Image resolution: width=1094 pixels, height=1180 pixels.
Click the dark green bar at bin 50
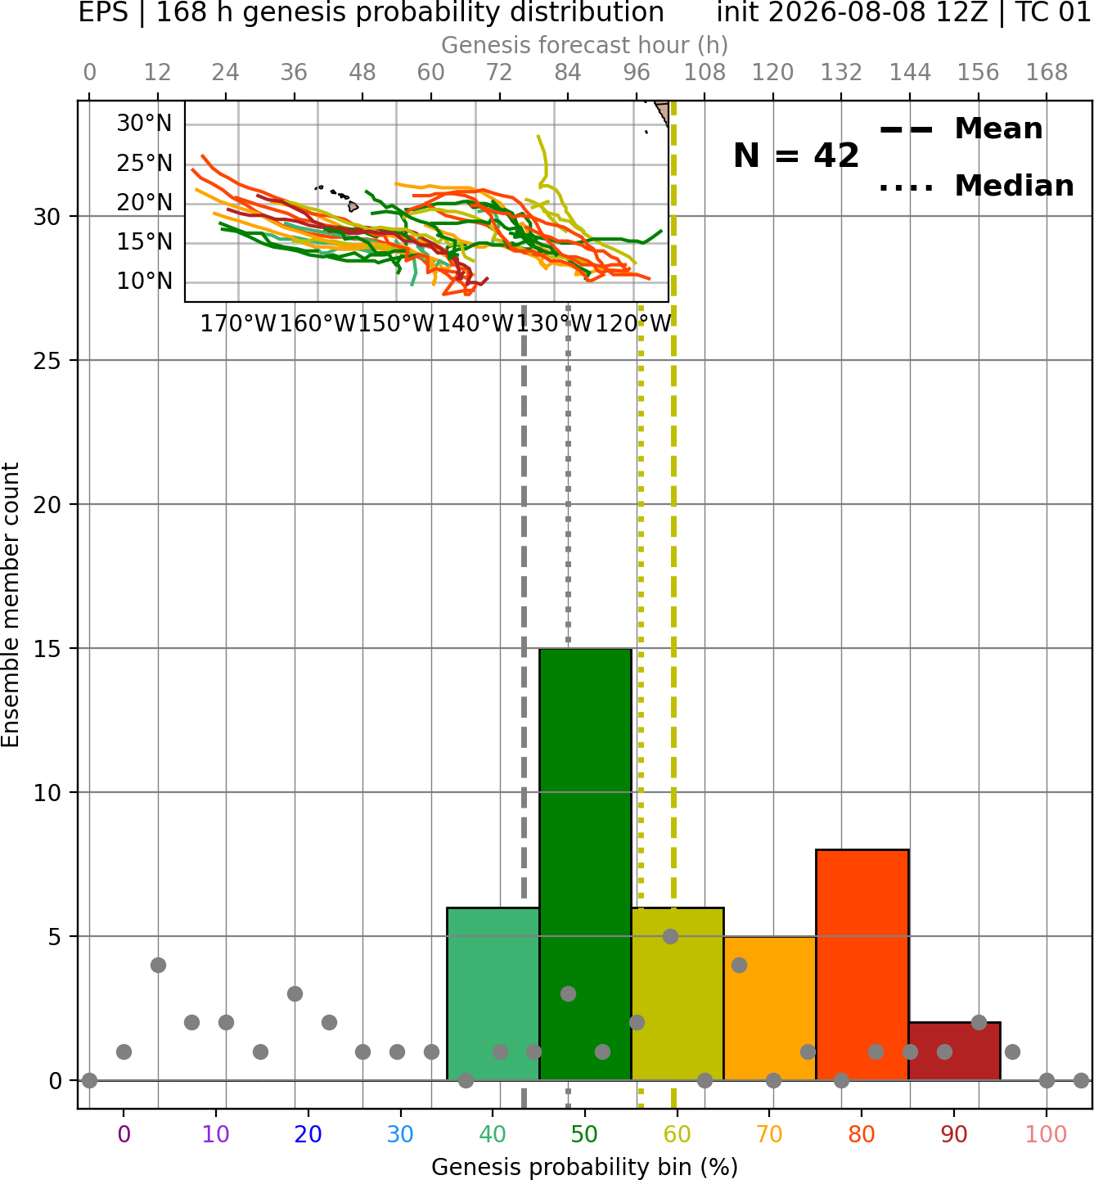[585, 864]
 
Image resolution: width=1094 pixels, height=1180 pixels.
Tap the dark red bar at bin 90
[954, 1051]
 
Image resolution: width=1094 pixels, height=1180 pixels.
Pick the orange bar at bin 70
[769, 1007]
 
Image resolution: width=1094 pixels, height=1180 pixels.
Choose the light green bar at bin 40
[493, 993]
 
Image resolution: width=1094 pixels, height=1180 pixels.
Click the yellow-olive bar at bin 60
[678, 993]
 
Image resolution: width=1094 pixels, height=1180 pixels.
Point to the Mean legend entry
[961, 129]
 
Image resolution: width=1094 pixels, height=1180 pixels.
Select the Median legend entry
[976, 186]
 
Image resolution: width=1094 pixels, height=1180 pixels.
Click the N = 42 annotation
[796, 155]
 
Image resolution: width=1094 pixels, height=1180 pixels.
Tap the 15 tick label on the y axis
[47, 648]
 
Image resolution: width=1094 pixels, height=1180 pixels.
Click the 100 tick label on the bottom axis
[1046, 1134]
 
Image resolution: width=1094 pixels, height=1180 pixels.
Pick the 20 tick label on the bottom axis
[308, 1134]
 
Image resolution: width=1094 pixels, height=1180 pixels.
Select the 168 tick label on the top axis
[1047, 73]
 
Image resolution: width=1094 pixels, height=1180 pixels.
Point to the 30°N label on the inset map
[144, 124]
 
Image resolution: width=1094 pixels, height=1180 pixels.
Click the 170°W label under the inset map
[238, 324]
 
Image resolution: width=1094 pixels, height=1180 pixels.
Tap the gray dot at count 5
[670, 936]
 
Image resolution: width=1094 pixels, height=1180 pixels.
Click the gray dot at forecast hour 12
[158, 965]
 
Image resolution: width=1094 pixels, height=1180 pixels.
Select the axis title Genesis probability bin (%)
[585, 1166]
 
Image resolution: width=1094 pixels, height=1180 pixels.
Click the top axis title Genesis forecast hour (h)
[585, 45]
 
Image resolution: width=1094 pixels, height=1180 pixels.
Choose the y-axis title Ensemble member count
[11, 605]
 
